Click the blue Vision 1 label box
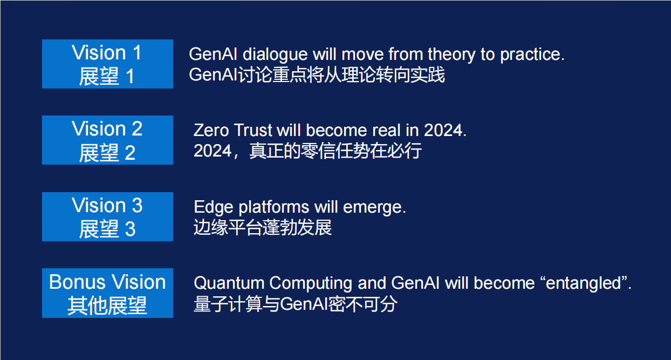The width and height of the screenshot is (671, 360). coord(107,64)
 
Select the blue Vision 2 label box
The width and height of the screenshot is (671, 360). coord(107,140)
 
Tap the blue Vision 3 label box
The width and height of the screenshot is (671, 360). coord(107,216)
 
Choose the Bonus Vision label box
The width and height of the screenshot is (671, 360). coord(107,293)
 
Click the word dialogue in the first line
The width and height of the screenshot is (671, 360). coord(275,55)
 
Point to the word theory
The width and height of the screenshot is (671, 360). coord(451,55)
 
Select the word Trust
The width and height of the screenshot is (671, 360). coord(254,131)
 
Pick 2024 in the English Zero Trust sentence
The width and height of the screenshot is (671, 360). coord(443,131)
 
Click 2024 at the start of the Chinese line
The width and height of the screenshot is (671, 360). coord(213,151)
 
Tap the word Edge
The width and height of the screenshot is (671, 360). coord(214,208)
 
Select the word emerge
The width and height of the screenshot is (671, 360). coord(372,207)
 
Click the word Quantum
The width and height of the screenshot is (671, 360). coord(229,283)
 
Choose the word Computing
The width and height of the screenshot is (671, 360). coord(311,284)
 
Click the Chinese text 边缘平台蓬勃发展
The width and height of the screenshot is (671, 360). coord(263,228)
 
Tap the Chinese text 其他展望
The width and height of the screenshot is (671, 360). coord(107,305)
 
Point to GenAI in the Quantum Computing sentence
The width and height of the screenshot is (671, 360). coord(415,283)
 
